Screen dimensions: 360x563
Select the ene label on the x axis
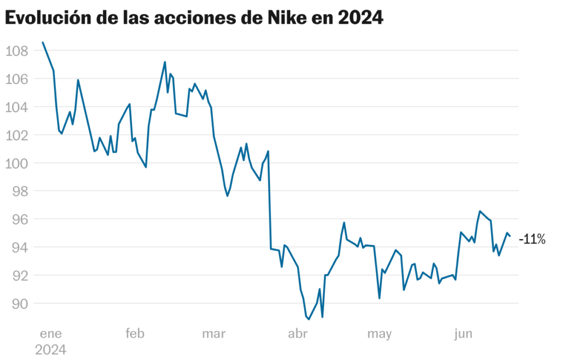[51, 334]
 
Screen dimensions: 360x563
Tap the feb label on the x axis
[135, 334]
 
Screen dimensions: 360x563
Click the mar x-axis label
[214, 334]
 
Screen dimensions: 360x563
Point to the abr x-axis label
[297, 334]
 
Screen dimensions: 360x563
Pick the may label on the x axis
[380, 334]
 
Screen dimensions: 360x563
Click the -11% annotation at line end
[532, 239]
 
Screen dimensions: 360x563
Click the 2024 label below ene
[51, 350]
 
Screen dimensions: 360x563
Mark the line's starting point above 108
[43, 42]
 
